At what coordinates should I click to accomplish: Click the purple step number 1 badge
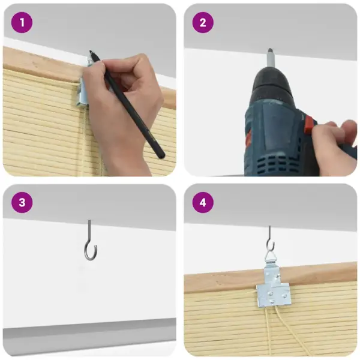[22, 23]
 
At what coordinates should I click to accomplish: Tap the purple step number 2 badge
[203, 23]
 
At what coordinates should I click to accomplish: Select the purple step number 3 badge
[22, 203]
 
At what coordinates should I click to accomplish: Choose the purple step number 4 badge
[203, 203]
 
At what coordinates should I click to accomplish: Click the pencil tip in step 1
[91, 51]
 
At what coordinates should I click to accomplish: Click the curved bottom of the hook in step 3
[91, 257]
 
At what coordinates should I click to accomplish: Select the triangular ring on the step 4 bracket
[271, 257]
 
